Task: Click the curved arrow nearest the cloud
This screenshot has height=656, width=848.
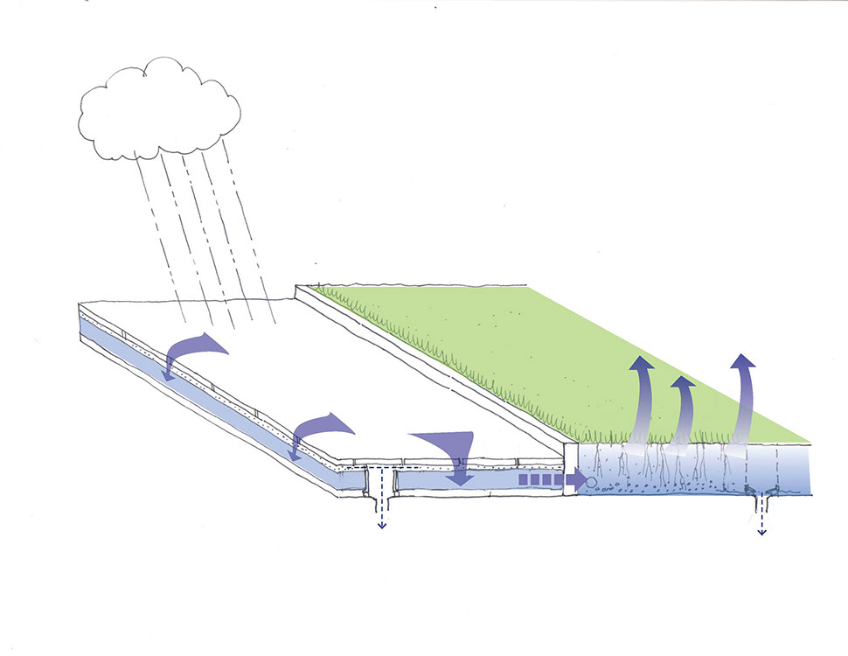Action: (x=192, y=350)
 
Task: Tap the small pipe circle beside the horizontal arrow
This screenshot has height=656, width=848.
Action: (x=592, y=481)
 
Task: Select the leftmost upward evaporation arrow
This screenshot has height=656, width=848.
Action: (x=642, y=394)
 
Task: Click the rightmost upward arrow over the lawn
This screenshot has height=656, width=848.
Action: (x=743, y=394)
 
